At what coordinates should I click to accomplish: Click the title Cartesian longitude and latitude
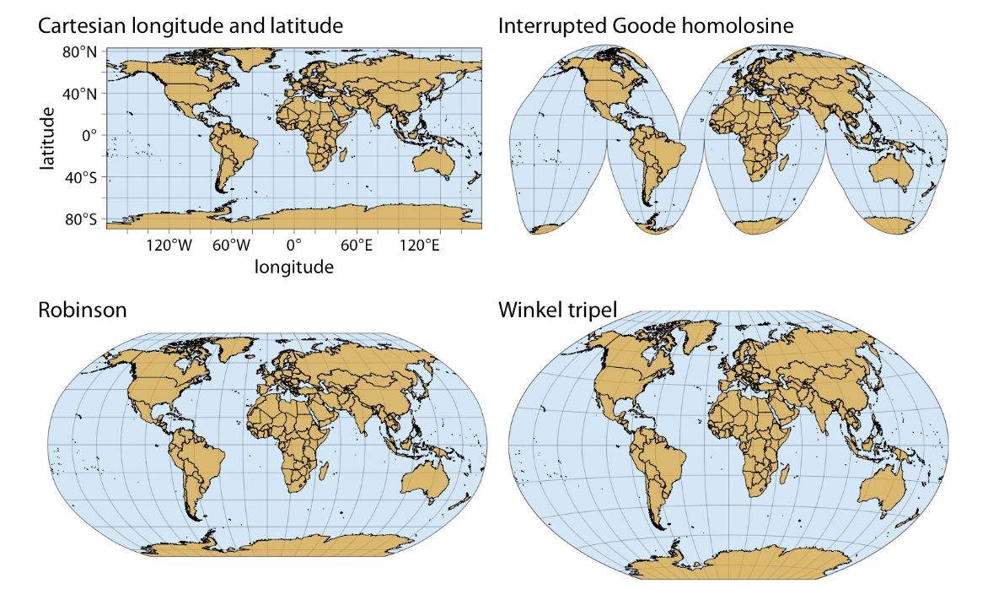click(191, 25)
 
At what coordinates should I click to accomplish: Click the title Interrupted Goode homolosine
click(646, 25)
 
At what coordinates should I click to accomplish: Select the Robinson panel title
click(83, 310)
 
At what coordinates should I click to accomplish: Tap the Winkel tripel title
click(557, 310)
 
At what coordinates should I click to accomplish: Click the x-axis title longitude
click(293, 267)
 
